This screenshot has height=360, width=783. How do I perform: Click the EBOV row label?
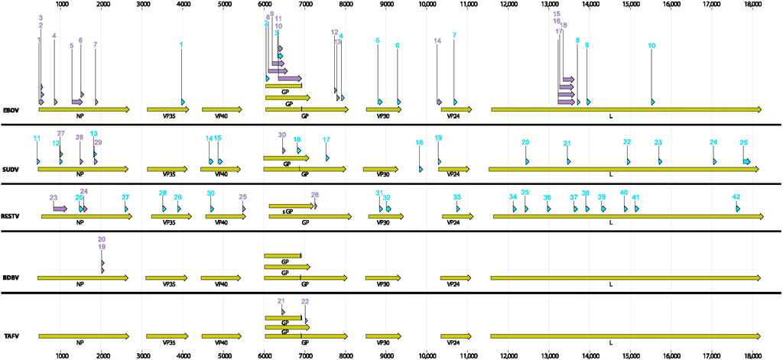click(x=11, y=110)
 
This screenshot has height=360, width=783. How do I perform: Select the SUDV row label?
click(x=11, y=169)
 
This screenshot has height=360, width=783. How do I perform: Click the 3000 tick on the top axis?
click(x=142, y=4)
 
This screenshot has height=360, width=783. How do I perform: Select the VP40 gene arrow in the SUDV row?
click(x=221, y=169)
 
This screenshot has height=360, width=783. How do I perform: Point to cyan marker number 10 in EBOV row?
click(x=651, y=46)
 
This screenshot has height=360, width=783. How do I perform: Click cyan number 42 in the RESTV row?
click(x=736, y=196)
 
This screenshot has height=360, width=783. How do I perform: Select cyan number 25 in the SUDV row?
click(x=743, y=143)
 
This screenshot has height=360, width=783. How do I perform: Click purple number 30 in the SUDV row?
click(x=282, y=135)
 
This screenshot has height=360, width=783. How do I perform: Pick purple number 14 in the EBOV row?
click(x=437, y=41)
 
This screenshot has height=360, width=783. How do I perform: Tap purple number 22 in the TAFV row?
click(x=305, y=302)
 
